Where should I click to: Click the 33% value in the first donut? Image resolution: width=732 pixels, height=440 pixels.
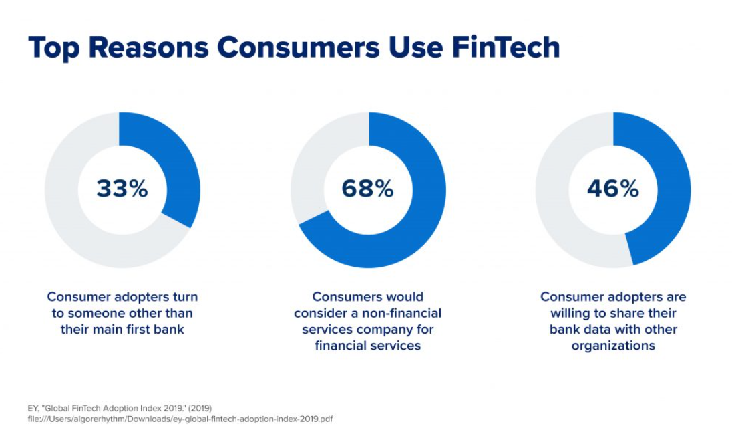(122, 189)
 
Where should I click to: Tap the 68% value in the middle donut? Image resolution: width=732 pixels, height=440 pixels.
(367, 189)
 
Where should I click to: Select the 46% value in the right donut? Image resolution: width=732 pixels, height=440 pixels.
(613, 189)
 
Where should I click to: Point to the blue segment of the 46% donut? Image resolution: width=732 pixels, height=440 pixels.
(673, 187)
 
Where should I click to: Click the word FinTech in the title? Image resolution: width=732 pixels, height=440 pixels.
(506, 47)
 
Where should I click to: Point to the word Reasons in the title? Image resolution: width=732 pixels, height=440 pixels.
(148, 47)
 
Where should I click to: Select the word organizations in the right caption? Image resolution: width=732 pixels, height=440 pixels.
(613, 346)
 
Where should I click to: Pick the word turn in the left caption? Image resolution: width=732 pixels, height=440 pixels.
(185, 296)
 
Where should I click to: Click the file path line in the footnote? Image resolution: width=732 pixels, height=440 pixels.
(180, 419)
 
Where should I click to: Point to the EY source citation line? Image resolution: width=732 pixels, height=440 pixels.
(120, 408)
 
